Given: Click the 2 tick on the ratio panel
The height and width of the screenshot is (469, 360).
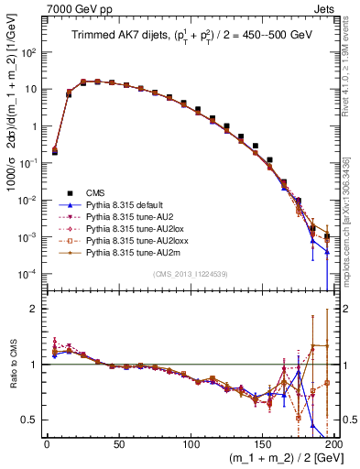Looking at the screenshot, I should pos(36,309).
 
